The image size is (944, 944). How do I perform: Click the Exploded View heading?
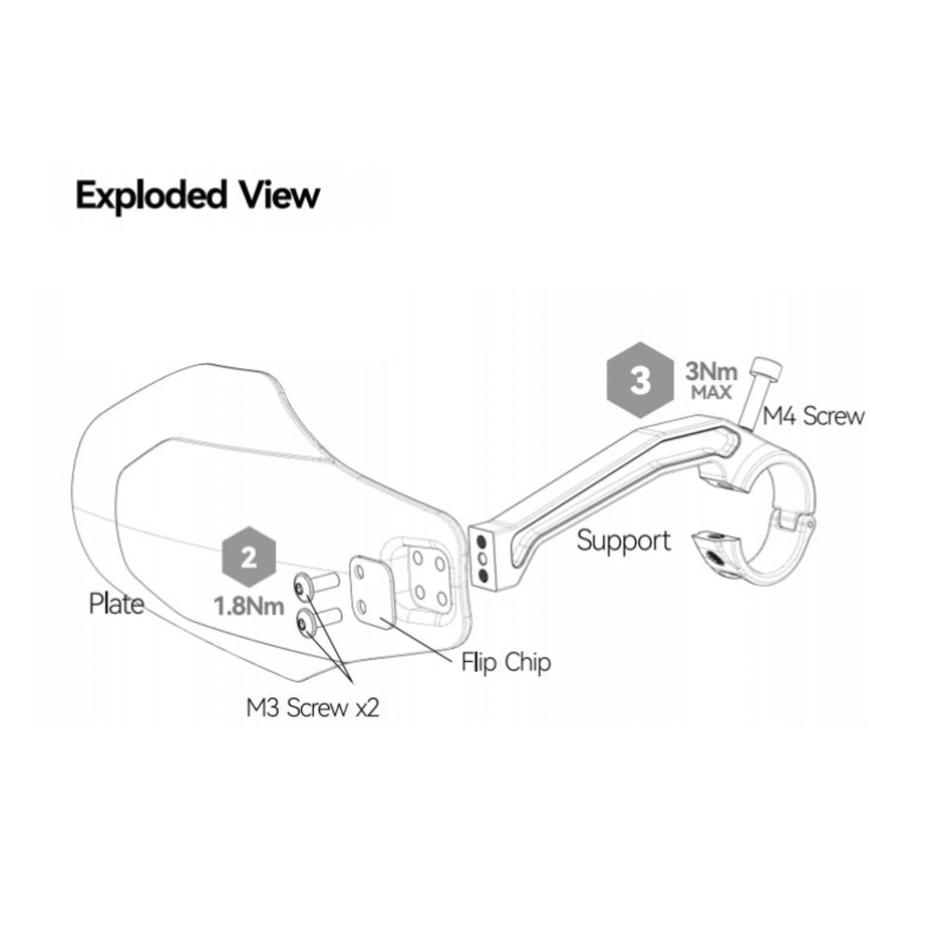coord(197,196)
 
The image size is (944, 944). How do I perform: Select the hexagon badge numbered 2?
coord(249,558)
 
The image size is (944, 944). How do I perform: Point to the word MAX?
coord(710,393)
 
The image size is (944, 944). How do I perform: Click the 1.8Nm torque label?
coord(249,606)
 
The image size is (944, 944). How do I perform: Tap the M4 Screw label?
coord(813,417)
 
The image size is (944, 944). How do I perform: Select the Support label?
coord(624,541)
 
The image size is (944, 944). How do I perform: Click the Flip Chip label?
coord(506,663)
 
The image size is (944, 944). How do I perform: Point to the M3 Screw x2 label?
coord(312,709)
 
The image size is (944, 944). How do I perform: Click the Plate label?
coord(116,603)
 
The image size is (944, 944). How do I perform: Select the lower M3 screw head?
coord(304,624)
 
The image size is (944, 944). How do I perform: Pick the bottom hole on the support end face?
coord(483,576)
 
